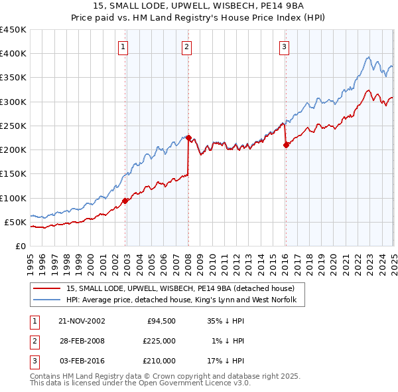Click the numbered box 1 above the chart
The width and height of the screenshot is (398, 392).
click(x=124, y=47)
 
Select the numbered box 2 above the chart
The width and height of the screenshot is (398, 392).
click(x=187, y=47)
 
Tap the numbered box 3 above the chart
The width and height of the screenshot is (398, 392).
click(x=284, y=47)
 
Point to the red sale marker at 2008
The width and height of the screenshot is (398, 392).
click(x=188, y=138)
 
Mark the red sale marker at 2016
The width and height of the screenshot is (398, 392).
click(x=286, y=145)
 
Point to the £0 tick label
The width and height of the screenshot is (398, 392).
click(x=19, y=246)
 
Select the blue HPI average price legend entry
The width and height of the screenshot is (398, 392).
click(x=185, y=300)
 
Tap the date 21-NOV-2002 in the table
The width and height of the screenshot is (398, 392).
click(x=82, y=321)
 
